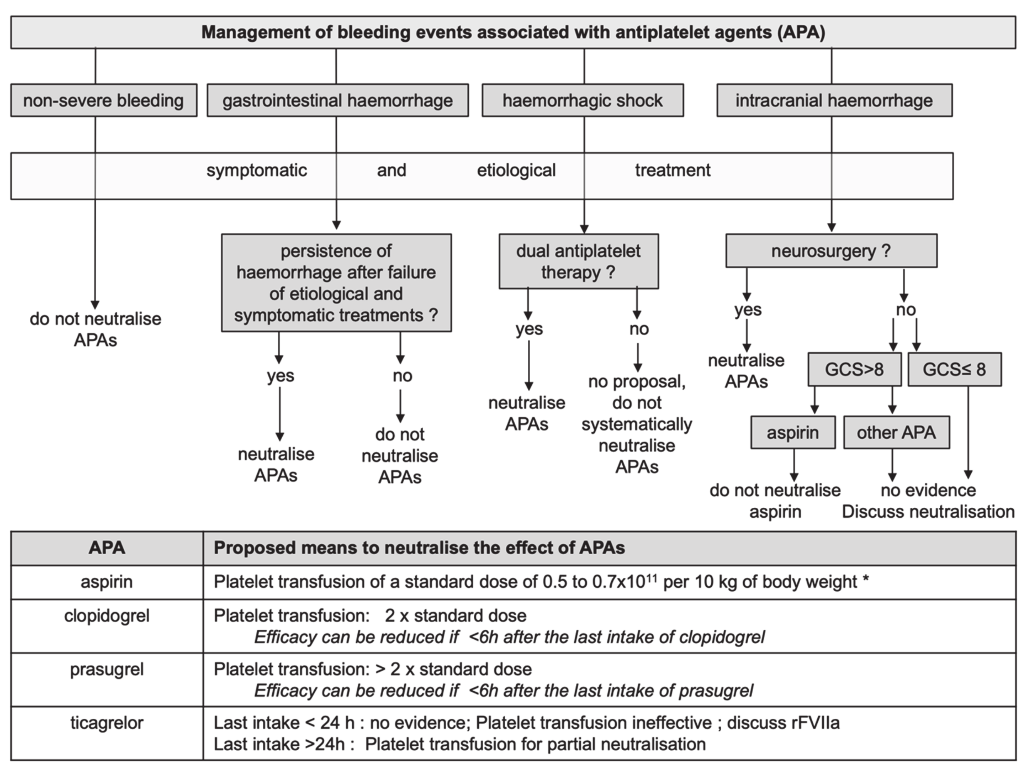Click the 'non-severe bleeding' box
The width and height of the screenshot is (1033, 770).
point(104,100)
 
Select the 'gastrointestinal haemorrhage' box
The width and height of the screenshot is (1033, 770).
point(337,100)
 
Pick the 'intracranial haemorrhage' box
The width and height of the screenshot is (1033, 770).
point(834,100)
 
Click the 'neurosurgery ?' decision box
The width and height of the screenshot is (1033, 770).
point(831,251)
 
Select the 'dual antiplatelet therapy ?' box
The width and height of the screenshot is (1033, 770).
point(578,261)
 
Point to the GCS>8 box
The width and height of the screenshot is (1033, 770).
point(854,369)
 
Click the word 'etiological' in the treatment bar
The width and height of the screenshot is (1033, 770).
point(516,170)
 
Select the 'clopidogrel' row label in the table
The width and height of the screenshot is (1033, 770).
point(107,616)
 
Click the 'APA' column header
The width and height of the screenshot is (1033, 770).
point(107,548)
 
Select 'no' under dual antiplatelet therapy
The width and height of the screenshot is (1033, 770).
point(639,329)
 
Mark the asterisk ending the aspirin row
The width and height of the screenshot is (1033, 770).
point(866,580)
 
